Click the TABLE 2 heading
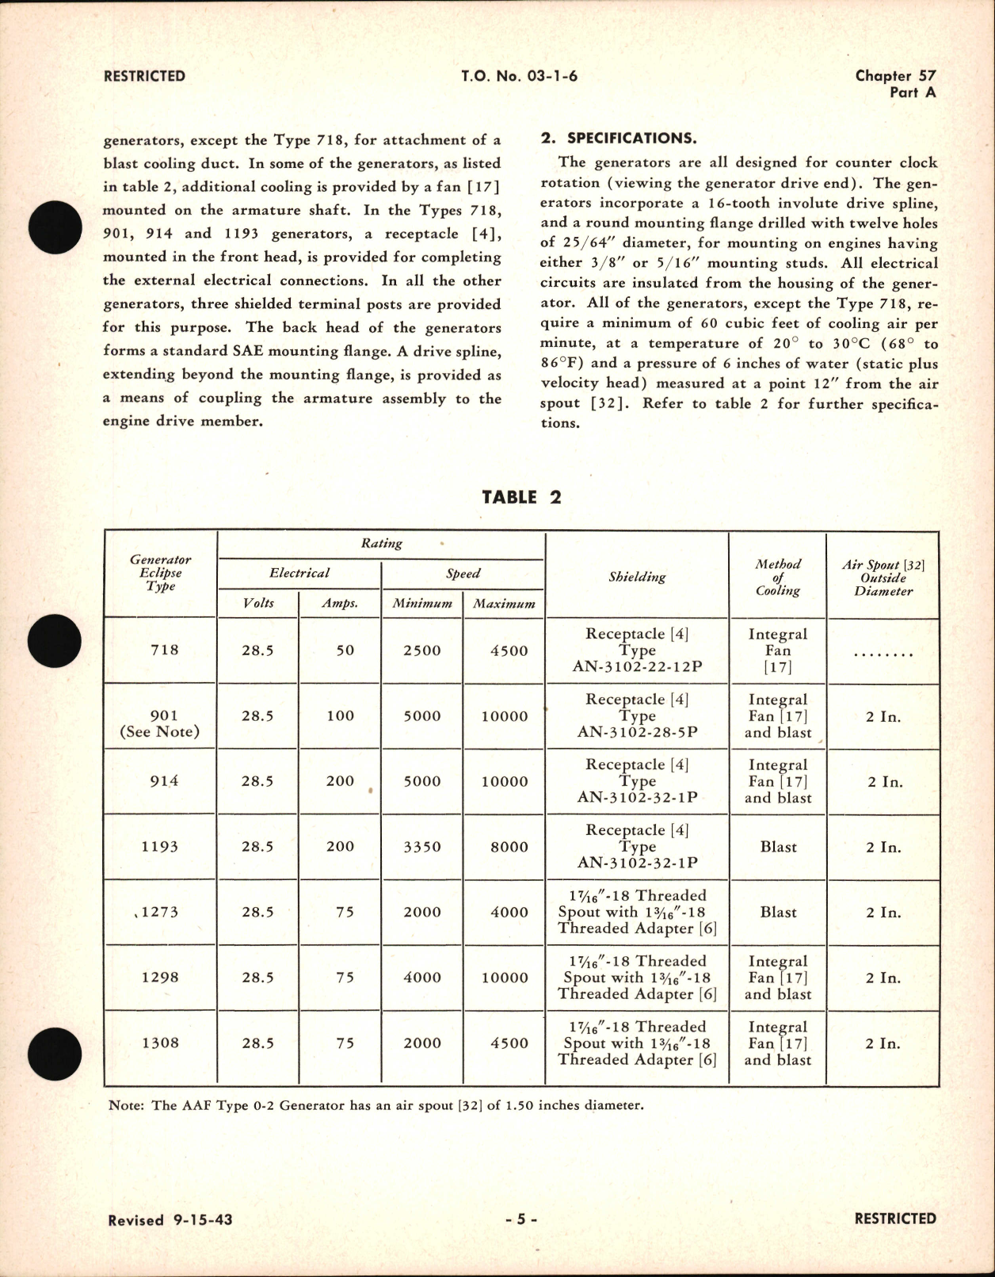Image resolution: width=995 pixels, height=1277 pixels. click(x=521, y=497)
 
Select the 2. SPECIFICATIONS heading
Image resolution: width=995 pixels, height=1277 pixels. click(x=619, y=139)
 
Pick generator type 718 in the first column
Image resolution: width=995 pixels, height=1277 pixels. click(x=164, y=650)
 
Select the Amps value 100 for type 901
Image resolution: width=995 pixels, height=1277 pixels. click(x=340, y=716)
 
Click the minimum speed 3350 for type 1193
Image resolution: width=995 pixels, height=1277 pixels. click(x=422, y=847)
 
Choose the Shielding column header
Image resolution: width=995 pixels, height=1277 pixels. click(x=637, y=577)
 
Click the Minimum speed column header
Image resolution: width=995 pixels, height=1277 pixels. click(x=422, y=604)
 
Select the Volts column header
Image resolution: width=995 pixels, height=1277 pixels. click(x=258, y=604)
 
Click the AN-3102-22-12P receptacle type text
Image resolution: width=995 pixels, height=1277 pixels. click(x=637, y=667)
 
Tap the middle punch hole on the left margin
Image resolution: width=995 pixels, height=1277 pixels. click(x=55, y=642)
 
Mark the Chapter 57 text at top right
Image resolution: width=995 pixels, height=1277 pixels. click(x=895, y=76)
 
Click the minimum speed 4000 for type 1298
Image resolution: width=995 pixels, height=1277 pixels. click(x=422, y=978)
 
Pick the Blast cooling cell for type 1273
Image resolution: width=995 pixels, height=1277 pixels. click(x=778, y=913)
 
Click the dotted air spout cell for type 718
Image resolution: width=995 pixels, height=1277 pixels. click(x=883, y=654)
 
